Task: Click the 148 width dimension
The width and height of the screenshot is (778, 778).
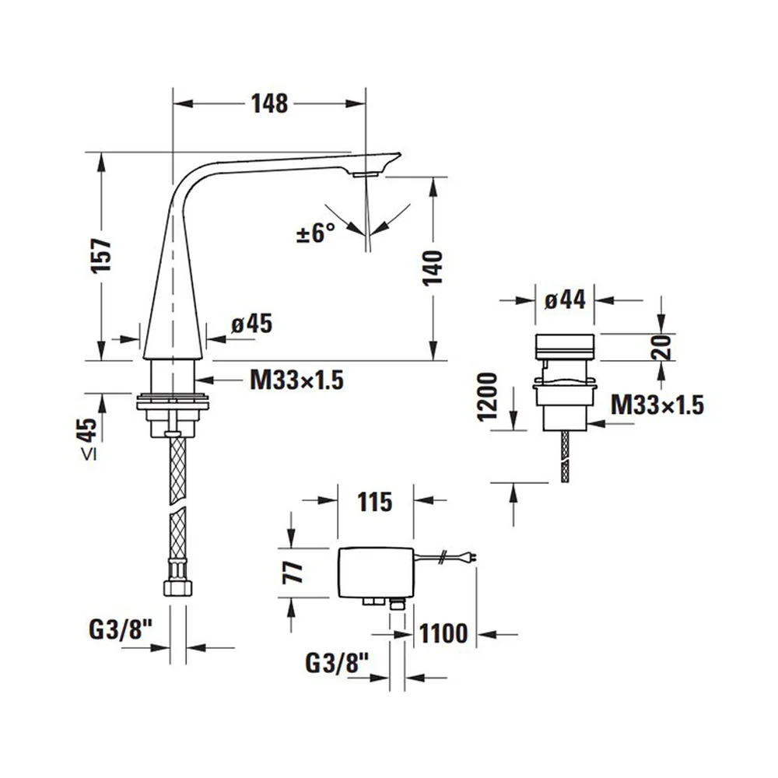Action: [269, 103]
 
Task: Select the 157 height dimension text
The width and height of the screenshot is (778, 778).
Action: [101, 255]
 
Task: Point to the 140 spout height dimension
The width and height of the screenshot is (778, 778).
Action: [433, 268]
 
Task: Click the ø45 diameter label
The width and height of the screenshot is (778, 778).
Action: [252, 324]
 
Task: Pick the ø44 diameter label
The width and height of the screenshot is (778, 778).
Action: [565, 300]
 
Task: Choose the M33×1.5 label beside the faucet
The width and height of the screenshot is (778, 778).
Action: [296, 380]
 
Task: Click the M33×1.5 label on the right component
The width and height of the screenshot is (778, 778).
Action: [657, 405]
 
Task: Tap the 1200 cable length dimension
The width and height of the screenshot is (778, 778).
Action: [487, 397]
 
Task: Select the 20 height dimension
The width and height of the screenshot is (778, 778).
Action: [662, 347]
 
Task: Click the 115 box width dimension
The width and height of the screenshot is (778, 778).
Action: [375, 502]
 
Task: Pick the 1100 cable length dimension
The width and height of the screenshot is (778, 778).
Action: [443, 633]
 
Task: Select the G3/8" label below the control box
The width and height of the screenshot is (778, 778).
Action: [337, 663]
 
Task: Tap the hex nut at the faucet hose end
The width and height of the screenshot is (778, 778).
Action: [177, 588]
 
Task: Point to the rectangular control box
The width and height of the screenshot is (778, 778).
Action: [376, 573]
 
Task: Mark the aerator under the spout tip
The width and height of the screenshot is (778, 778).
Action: [366, 174]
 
